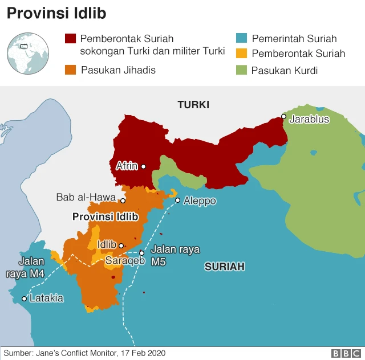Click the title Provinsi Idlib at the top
[x=57, y=13]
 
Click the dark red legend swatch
[x=70, y=39]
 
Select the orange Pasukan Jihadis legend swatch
[x=70, y=70]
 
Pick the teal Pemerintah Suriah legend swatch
[x=241, y=39]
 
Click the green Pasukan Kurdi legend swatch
[x=241, y=70]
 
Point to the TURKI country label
[x=193, y=105]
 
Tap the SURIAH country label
[x=225, y=266]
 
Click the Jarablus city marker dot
[x=283, y=116]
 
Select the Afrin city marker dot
[x=144, y=167]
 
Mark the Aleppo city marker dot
[x=177, y=201]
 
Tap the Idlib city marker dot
[x=121, y=246]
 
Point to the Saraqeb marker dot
[x=141, y=253]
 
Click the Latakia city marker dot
[x=24, y=298]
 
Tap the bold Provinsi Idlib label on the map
[x=106, y=217]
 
